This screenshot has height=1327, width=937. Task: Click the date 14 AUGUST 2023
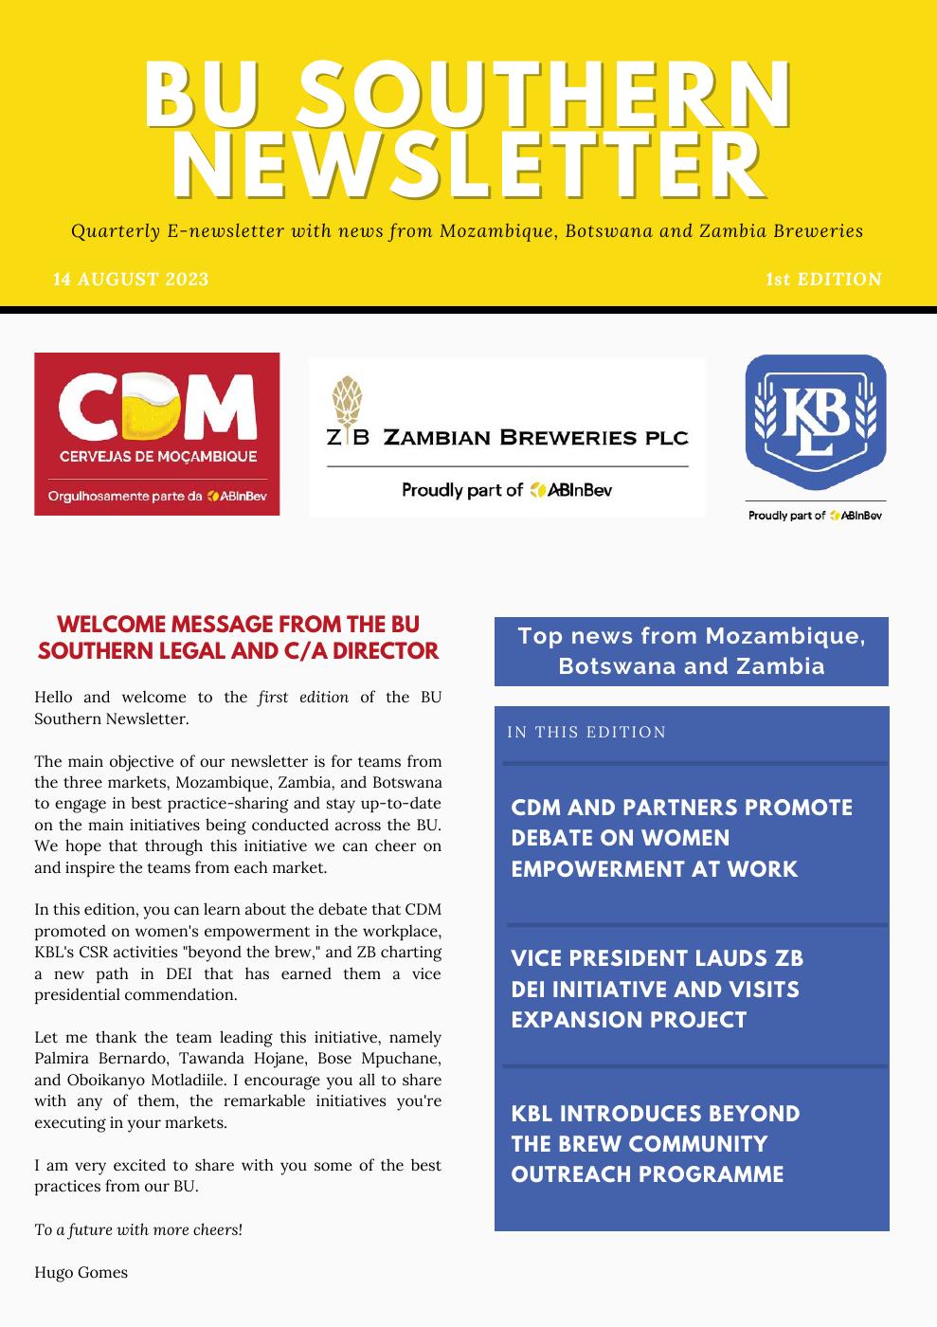click(x=131, y=279)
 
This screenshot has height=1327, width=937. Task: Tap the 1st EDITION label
click(x=823, y=279)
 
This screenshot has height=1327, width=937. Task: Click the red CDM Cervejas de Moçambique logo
click(x=157, y=434)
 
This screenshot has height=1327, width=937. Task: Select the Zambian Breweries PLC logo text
click(x=508, y=437)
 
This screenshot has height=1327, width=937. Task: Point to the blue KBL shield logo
click(x=816, y=422)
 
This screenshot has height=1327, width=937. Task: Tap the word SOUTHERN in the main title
click(x=550, y=95)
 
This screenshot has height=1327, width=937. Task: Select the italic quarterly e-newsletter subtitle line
click(x=467, y=230)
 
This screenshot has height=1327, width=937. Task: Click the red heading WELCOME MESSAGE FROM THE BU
click(x=238, y=625)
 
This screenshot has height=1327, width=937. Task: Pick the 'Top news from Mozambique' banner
click(x=692, y=650)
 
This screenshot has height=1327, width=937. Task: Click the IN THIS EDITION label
click(x=586, y=732)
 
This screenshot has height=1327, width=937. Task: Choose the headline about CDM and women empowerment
click(x=681, y=838)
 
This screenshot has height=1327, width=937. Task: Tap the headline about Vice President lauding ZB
click(x=657, y=989)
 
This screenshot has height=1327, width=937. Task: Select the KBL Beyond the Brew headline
click(x=655, y=1143)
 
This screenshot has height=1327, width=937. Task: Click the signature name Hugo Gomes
click(x=81, y=1272)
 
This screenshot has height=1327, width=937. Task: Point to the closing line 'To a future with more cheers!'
click(x=138, y=1229)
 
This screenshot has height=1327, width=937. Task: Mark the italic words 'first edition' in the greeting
click(x=303, y=697)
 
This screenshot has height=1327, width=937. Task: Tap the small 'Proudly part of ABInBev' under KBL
click(x=815, y=516)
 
